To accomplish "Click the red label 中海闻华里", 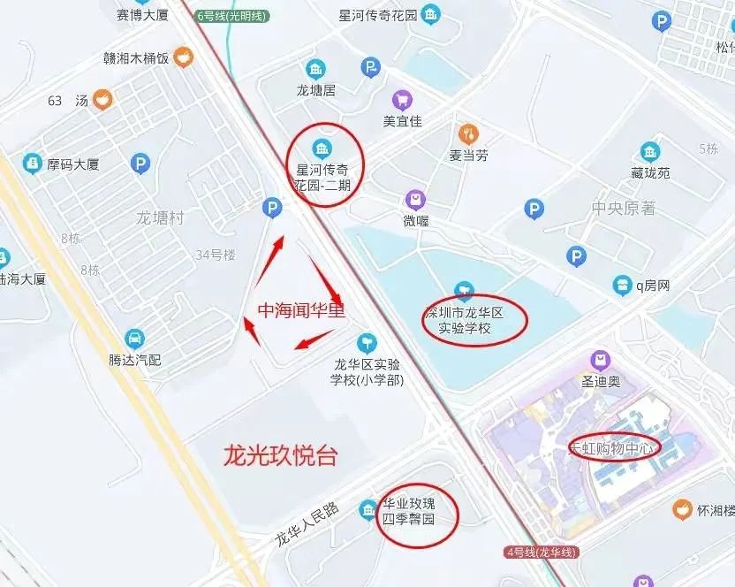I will coord(300,310).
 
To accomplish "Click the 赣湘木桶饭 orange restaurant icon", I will coord(183,58).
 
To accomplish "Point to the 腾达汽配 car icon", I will coord(134,339).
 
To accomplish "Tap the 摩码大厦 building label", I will coord(73,164).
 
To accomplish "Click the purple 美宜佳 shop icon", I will coord(402,100).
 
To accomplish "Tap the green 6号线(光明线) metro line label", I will coord(231,16).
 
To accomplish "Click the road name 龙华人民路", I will coord(307,524).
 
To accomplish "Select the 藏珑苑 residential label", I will coord(651,173).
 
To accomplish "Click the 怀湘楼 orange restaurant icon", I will coord(682,509).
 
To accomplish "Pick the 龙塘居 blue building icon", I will coord(315,69).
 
